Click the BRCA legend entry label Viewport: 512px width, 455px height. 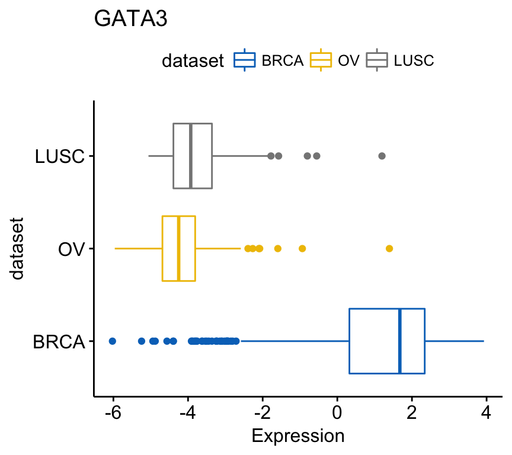(x=283, y=60)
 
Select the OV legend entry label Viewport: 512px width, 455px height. (x=348, y=60)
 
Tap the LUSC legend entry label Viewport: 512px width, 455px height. (x=414, y=60)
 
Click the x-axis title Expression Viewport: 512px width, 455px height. (x=298, y=437)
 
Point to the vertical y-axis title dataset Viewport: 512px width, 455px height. (x=17, y=249)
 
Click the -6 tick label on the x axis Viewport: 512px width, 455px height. (x=113, y=412)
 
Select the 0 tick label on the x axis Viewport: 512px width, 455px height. (x=337, y=412)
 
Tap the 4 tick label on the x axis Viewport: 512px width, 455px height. (x=487, y=412)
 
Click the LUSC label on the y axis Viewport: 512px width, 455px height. (x=60, y=156)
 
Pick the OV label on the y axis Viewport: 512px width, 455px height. (x=72, y=249)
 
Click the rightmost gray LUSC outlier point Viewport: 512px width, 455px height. (x=382, y=156)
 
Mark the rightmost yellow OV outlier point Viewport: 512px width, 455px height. (x=389, y=248)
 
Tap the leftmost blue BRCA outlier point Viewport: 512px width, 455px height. (x=112, y=341)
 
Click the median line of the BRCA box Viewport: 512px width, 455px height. (x=400, y=341)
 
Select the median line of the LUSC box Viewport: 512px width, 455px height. (x=190, y=156)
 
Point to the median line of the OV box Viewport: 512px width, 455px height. (x=178, y=248)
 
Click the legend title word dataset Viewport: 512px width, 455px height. (x=193, y=60)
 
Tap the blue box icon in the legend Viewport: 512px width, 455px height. (x=245, y=60)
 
